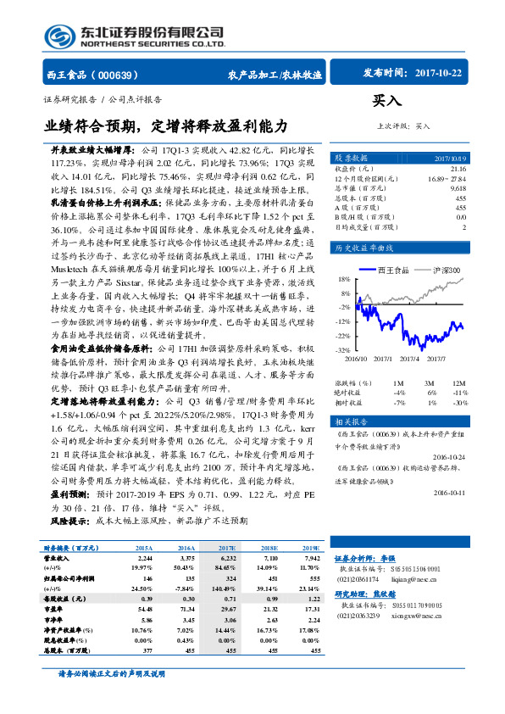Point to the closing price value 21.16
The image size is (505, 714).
[458, 169]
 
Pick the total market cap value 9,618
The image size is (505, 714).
[457, 187]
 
